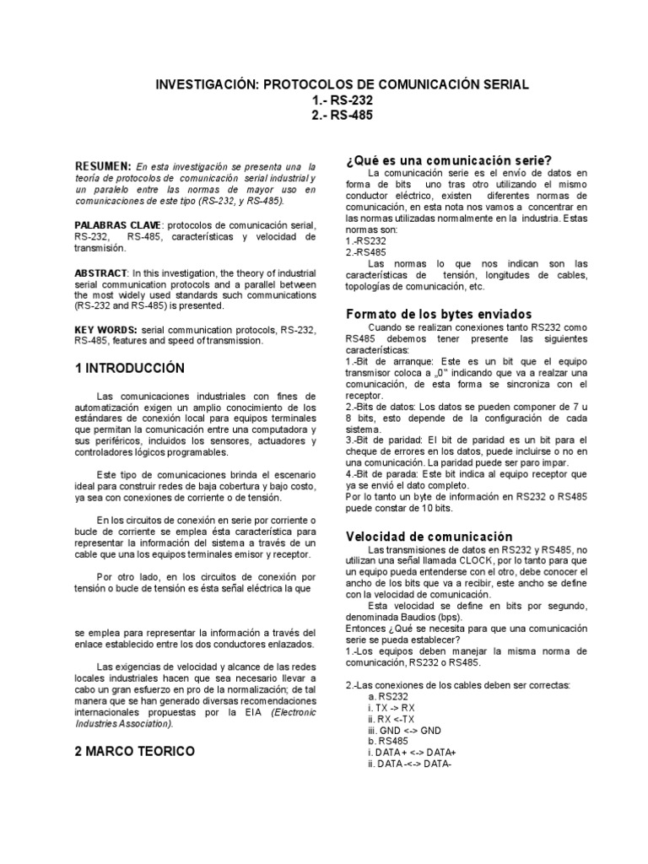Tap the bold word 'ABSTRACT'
pos(100,274)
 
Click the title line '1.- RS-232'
pos(342,100)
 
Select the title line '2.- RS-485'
pos(342,116)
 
